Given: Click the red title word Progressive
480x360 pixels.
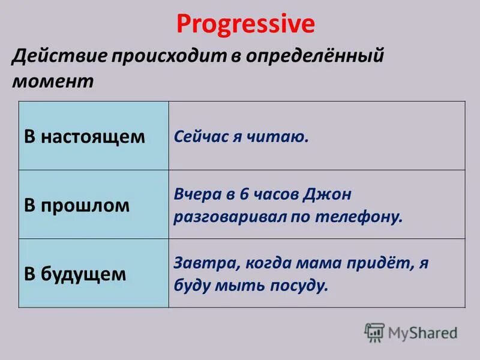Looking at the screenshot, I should (245, 24).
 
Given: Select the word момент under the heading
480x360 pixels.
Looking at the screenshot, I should (53, 81).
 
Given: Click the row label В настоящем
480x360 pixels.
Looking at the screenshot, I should (85, 136).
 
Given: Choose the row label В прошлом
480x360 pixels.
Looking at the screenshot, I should (77, 205).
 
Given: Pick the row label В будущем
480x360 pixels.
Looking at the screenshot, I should (76, 274).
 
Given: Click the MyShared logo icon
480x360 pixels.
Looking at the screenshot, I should (374, 332).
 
